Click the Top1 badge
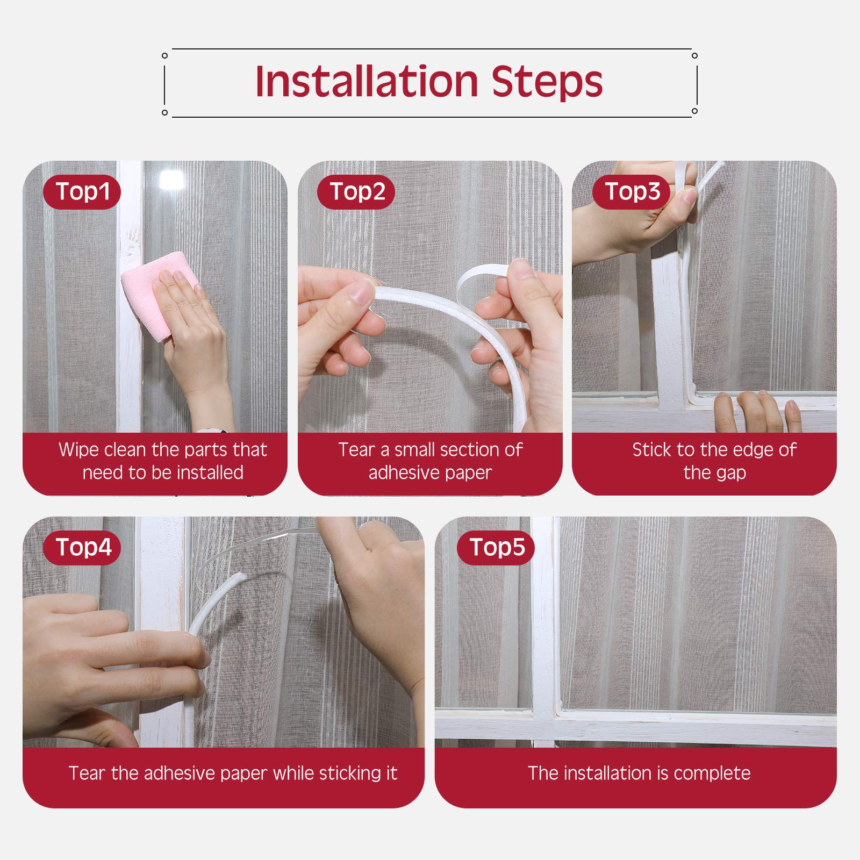[x=82, y=192]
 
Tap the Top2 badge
[x=356, y=192]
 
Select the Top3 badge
[x=632, y=192]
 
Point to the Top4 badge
[x=82, y=548]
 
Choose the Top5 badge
[x=496, y=548]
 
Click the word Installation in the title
[x=367, y=82]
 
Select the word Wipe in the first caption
[x=75, y=450]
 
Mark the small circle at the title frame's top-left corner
[x=165, y=55]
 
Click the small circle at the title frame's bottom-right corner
[x=694, y=111]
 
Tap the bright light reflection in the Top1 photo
[x=171, y=179]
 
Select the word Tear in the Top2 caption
[x=356, y=450]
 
